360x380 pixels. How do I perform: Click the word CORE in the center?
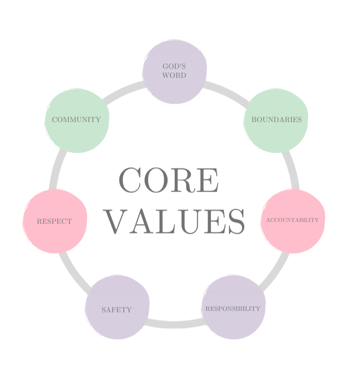click(x=169, y=180)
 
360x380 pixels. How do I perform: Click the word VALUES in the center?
click(x=174, y=221)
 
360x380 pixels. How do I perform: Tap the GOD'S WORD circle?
click(x=174, y=71)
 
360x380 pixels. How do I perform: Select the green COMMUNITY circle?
click(x=77, y=120)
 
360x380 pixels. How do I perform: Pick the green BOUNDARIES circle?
click(x=276, y=120)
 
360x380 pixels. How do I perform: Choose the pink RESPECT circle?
click(x=55, y=221)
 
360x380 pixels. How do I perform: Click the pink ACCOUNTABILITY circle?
click(x=293, y=221)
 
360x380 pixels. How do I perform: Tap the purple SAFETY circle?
click(x=117, y=307)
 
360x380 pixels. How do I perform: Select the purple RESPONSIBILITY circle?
click(x=233, y=307)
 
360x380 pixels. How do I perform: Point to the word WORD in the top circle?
click(x=174, y=75)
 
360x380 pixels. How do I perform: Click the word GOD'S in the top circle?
click(x=174, y=66)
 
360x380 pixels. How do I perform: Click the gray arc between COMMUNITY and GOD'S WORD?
click(x=123, y=92)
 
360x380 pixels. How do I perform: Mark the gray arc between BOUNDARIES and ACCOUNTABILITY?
click(x=292, y=170)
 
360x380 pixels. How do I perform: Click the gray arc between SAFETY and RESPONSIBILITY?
click(x=175, y=324)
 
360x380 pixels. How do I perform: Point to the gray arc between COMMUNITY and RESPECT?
click(x=57, y=169)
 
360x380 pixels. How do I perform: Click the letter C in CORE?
click(x=130, y=180)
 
